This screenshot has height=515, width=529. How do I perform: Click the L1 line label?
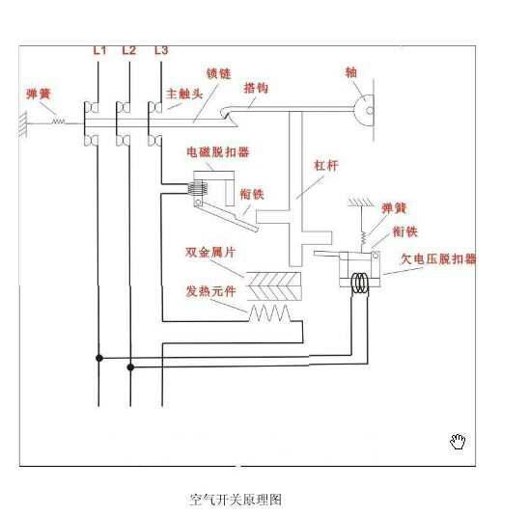point(99,49)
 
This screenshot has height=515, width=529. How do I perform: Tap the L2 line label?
point(129,49)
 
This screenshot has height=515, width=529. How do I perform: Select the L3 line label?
point(160,49)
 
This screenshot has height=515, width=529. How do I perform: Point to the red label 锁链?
point(218,73)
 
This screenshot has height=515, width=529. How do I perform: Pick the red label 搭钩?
point(256,88)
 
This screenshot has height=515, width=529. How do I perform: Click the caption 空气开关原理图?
point(236,501)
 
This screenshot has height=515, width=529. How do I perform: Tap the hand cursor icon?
point(459,442)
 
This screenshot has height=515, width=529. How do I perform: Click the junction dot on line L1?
point(98,357)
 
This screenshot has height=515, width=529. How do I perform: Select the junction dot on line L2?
point(130,366)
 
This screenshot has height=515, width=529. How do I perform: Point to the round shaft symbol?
point(365,109)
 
